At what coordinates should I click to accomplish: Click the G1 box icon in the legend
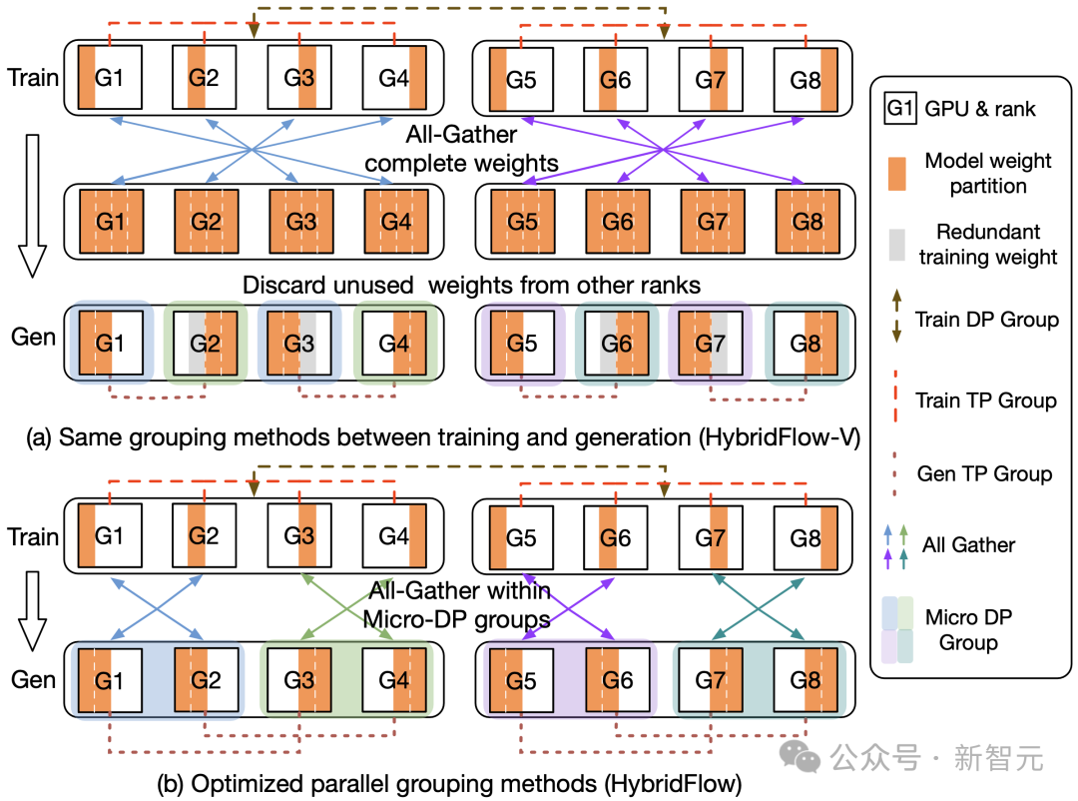[900, 108]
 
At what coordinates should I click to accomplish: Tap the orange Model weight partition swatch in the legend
[896, 174]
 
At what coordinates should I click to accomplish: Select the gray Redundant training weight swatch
[896, 245]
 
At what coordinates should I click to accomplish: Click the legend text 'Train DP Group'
[986, 320]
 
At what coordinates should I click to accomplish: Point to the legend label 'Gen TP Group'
[984, 473]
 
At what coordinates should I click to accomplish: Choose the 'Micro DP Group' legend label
[968, 629]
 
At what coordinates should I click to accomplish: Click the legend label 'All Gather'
[968, 545]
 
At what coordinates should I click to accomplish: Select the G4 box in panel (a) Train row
[394, 77]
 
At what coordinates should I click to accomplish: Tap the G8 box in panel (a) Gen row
[806, 343]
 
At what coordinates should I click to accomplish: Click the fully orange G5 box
[522, 222]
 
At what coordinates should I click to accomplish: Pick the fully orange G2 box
[207, 222]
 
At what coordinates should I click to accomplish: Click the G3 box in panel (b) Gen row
[299, 680]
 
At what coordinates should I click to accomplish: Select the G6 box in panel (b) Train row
[615, 537]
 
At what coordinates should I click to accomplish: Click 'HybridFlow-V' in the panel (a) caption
[780, 437]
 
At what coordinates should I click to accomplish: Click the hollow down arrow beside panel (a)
[32, 206]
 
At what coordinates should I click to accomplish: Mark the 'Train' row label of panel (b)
[32, 536]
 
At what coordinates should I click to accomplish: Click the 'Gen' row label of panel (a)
[33, 337]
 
